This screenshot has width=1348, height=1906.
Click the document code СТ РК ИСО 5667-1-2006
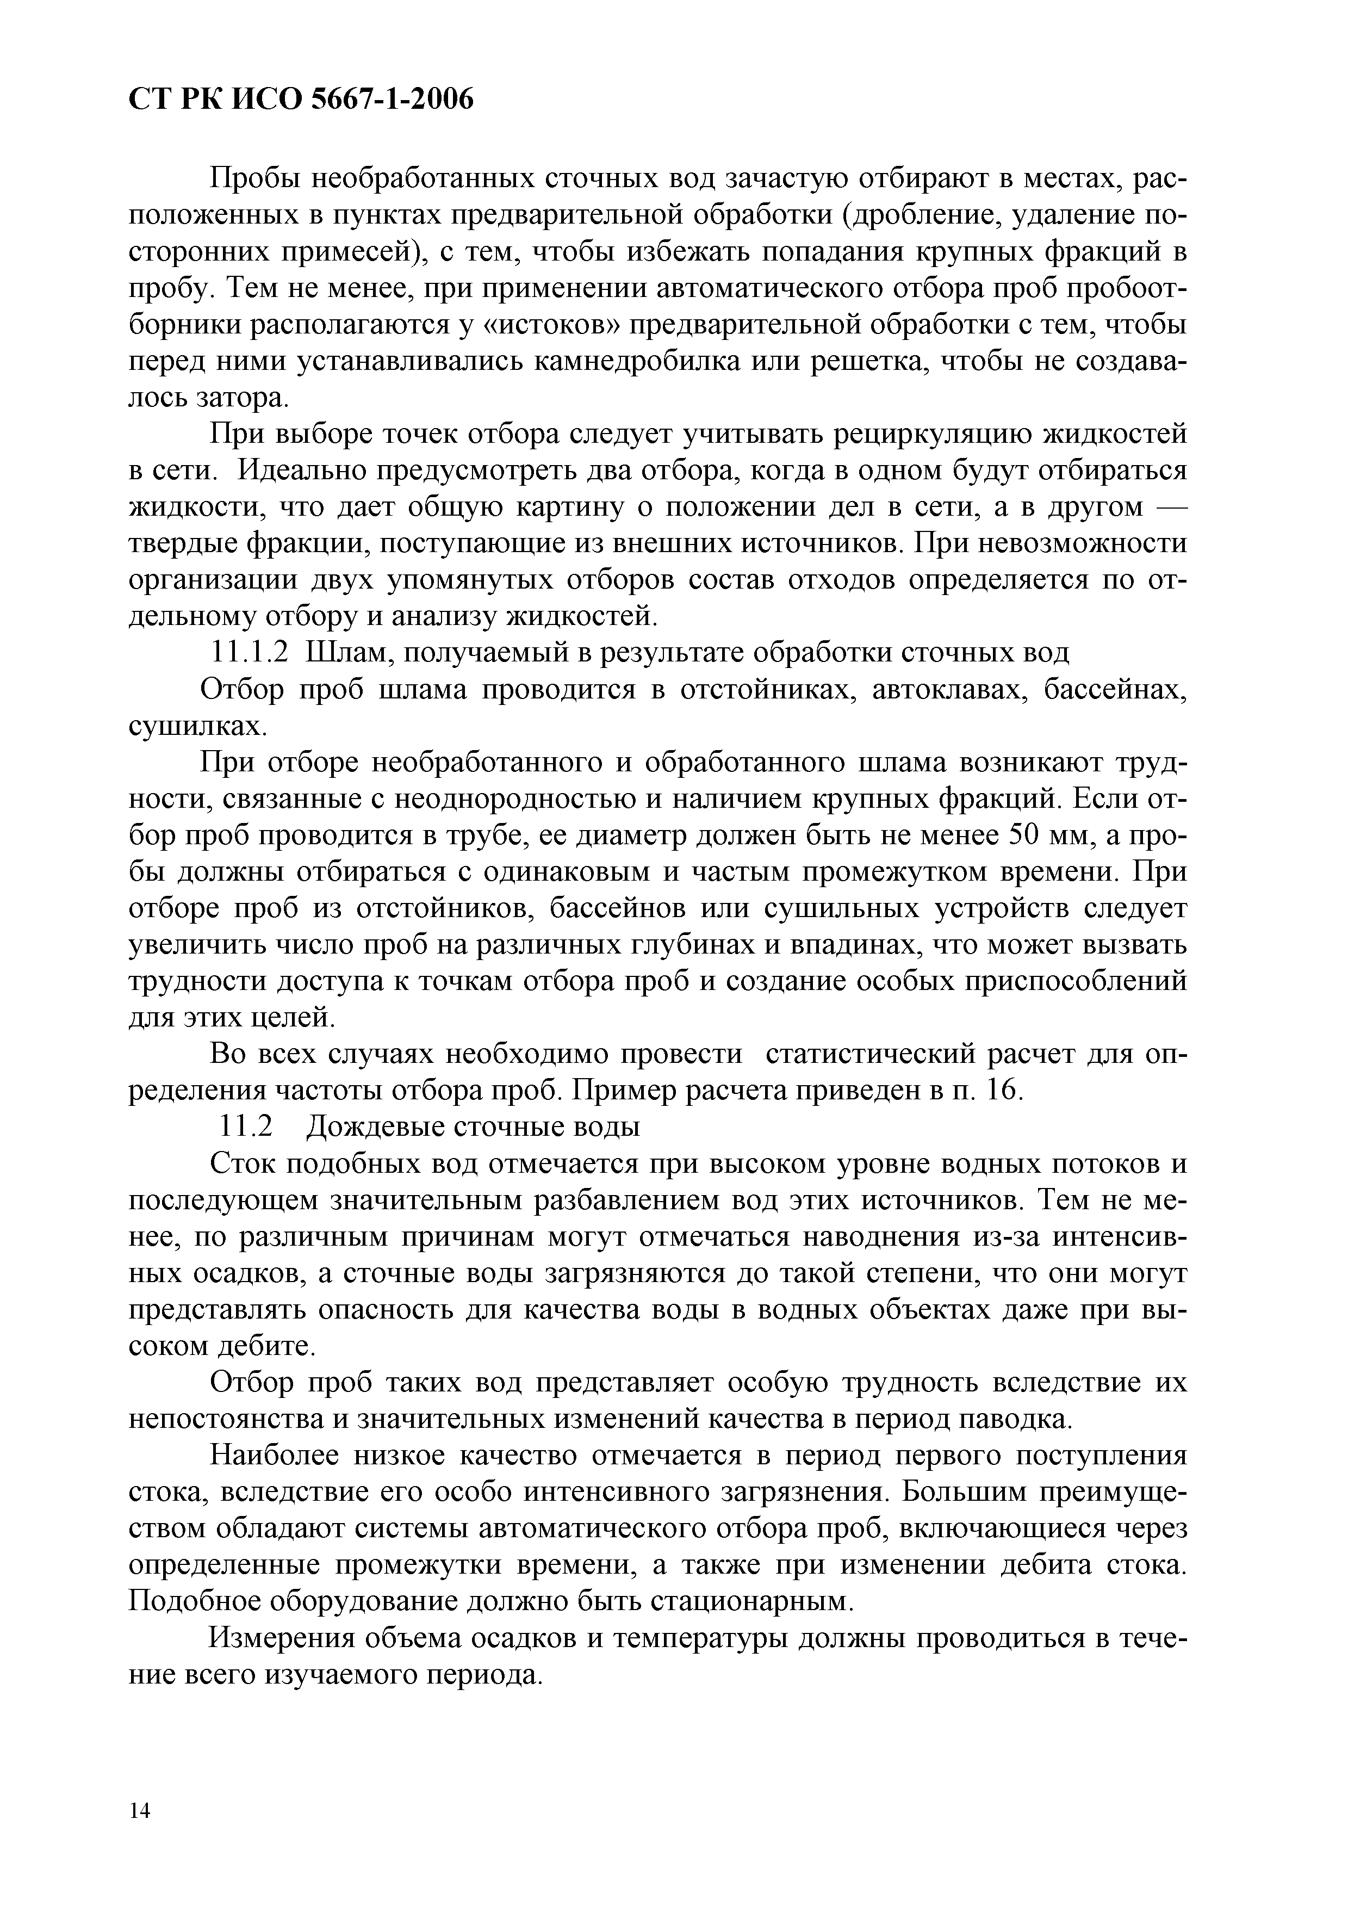coord(301,100)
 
